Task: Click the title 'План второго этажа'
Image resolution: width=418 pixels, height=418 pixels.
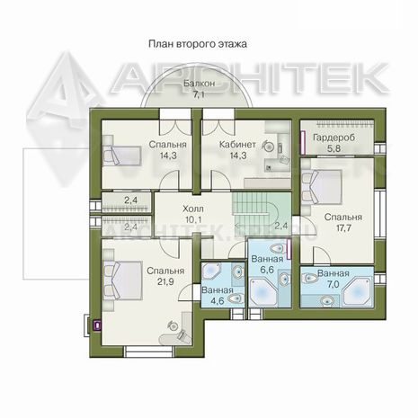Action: [198, 44]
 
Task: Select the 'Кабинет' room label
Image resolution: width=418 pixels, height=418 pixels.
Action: [237, 145]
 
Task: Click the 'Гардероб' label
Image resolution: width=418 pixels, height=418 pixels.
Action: [334, 138]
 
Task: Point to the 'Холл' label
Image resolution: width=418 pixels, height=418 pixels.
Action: [193, 209]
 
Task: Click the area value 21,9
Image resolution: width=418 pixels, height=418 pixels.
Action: [165, 282]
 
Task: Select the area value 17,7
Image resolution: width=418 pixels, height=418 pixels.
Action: [343, 228]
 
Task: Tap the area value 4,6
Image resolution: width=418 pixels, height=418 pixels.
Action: [218, 301]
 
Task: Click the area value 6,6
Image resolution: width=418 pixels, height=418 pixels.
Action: [267, 270]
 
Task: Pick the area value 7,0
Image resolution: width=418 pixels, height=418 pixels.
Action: [333, 284]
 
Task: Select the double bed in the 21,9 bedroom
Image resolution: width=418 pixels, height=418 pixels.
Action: [122, 280]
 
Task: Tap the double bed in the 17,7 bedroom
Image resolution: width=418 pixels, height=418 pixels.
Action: [322, 186]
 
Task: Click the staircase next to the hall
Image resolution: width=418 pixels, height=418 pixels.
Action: [255, 209]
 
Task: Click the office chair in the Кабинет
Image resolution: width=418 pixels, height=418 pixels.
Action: [268, 147]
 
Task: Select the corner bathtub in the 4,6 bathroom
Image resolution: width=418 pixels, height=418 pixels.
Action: [211, 272]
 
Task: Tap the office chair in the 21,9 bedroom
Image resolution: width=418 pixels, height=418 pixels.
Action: [173, 325]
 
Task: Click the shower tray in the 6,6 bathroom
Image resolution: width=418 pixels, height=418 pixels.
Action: [263, 292]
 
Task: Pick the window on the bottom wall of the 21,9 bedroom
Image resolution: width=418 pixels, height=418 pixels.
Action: [149, 351]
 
